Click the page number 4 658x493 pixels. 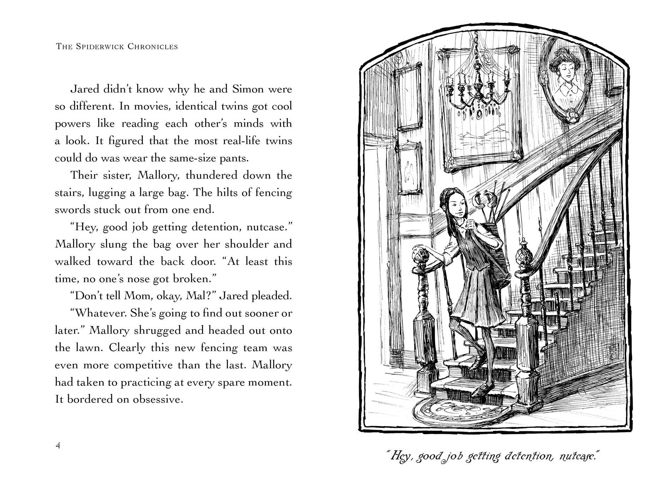[58, 445]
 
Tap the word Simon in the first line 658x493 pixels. [248, 89]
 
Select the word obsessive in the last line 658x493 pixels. [157, 400]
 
